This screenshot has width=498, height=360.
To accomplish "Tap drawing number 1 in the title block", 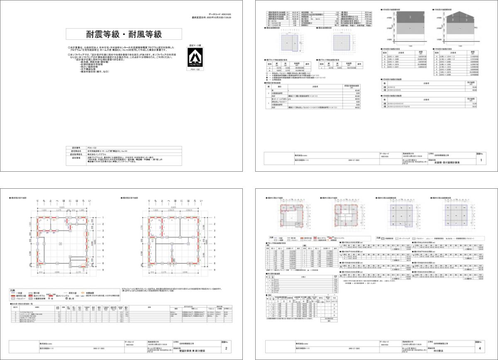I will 480,160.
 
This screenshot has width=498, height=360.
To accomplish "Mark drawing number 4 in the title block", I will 480,350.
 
